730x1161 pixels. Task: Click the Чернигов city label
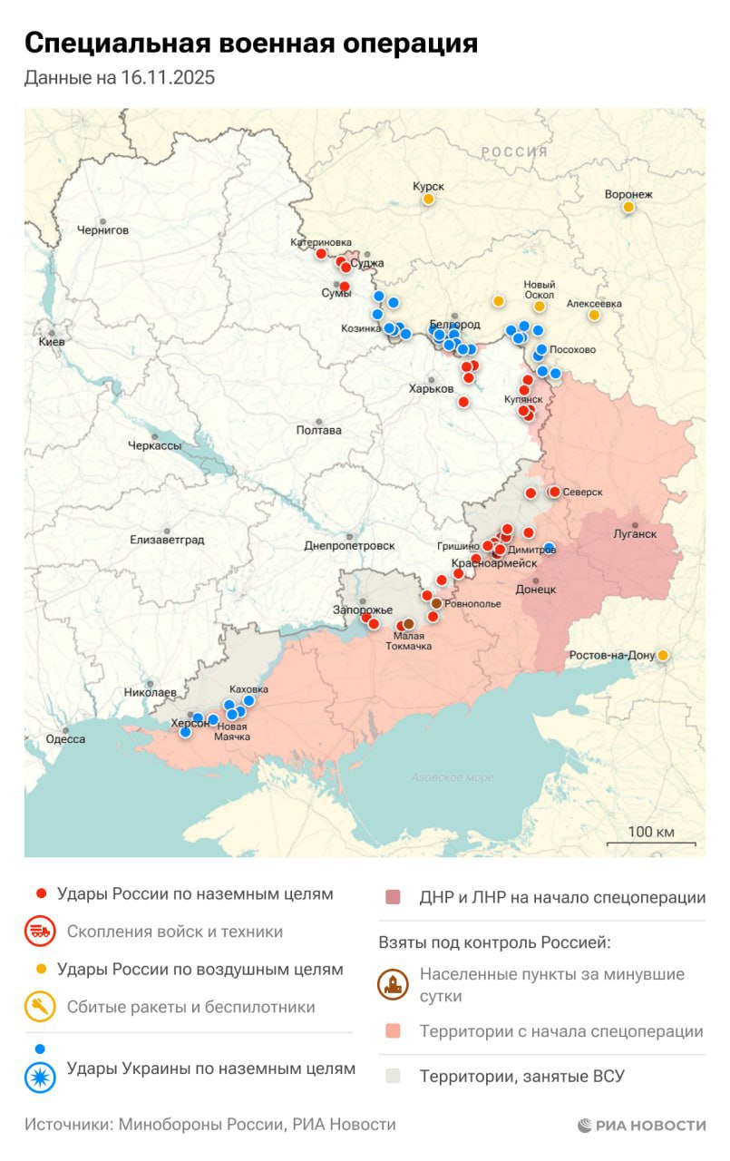click(x=103, y=230)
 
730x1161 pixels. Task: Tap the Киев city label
click(x=51, y=343)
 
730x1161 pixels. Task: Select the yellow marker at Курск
click(x=429, y=199)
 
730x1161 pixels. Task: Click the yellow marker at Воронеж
click(x=628, y=208)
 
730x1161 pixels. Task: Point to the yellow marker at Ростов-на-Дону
click(x=663, y=655)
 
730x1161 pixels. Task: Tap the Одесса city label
click(x=65, y=739)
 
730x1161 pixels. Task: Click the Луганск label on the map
click(x=636, y=534)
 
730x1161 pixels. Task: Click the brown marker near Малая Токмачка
click(x=409, y=624)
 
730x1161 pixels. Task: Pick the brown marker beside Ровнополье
click(x=436, y=603)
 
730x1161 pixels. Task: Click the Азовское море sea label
click(x=452, y=777)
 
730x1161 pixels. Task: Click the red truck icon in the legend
click(x=41, y=932)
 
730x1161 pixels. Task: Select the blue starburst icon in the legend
click(x=41, y=1076)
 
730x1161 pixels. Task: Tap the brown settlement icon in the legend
click(x=394, y=985)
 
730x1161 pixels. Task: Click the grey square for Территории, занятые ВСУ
click(x=393, y=1077)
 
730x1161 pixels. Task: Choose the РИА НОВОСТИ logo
click(x=642, y=1125)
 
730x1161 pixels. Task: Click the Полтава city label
click(x=319, y=430)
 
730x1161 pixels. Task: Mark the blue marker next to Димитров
click(x=549, y=548)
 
